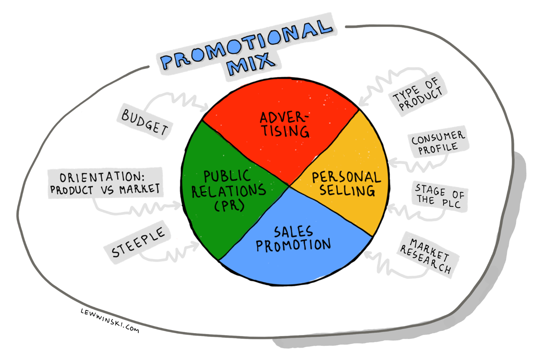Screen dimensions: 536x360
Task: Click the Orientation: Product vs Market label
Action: pos(105,183)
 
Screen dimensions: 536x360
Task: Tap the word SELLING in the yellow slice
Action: pos(347,190)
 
